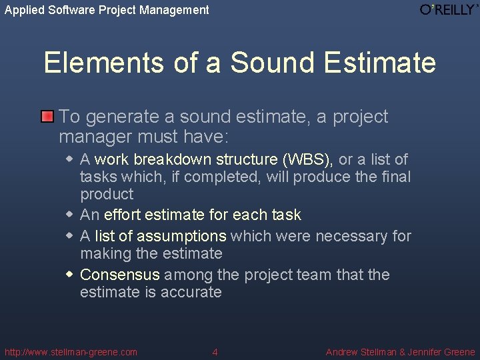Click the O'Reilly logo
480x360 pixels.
click(x=449, y=9)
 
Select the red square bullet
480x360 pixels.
click(x=47, y=117)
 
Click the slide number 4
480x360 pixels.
click(x=215, y=352)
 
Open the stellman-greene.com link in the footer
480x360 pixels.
click(x=71, y=352)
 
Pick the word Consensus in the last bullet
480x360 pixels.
click(x=120, y=275)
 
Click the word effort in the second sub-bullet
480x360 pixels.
click(x=122, y=215)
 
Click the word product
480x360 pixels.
click(x=107, y=195)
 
